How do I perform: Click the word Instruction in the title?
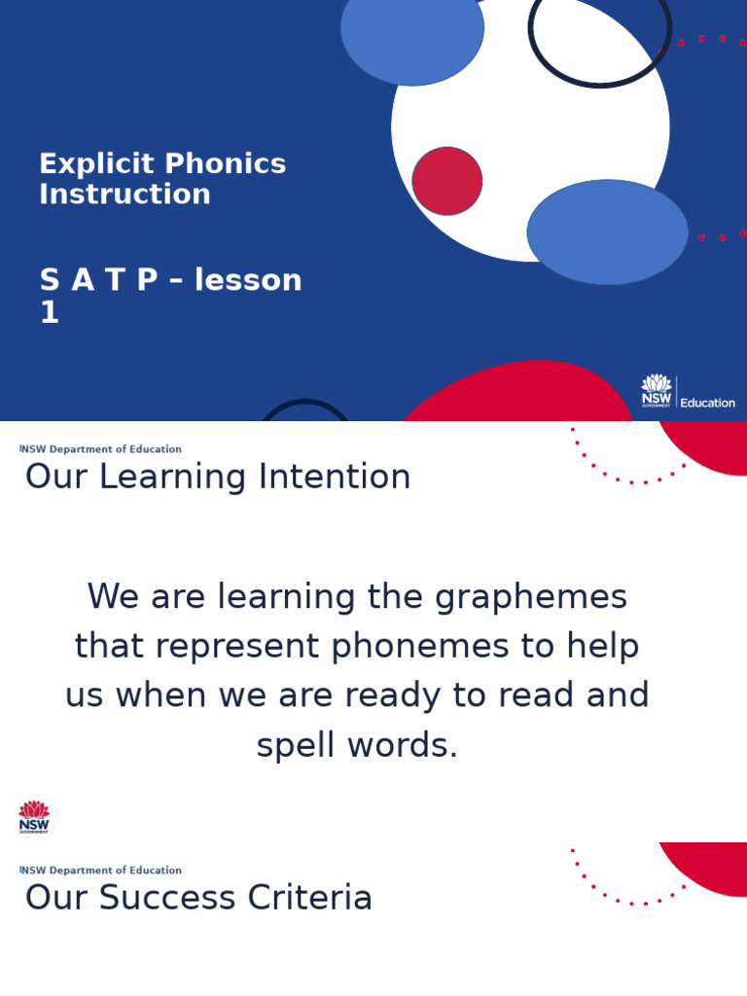[x=124, y=195]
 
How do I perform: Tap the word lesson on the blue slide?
[x=248, y=280]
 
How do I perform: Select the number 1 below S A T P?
[x=49, y=313]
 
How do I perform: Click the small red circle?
[x=447, y=181]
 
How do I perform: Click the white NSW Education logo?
[x=688, y=392]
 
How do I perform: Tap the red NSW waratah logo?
[x=34, y=816]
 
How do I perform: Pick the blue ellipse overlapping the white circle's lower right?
[x=608, y=231]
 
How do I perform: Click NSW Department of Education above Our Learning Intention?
[x=101, y=449]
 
